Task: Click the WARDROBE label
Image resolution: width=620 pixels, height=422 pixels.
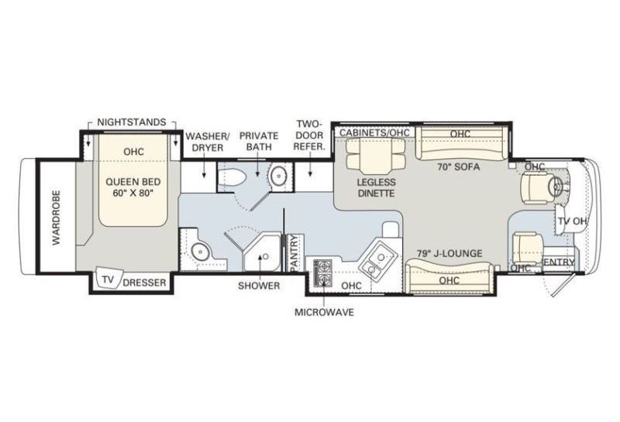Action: [x=57, y=218]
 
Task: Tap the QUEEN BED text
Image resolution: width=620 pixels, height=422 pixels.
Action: [x=133, y=182]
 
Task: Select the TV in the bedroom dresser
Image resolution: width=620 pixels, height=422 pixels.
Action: [x=108, y=280]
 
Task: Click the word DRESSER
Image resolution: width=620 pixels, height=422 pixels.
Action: [x=144, y=283]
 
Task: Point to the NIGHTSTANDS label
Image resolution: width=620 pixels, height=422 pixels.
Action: [x=132, y=122]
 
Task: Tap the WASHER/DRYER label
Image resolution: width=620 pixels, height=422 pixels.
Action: [x=207, y=142]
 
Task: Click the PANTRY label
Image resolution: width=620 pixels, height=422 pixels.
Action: [x=294, y=253]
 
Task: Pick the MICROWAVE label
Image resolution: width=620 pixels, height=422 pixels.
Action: [x=324, y=312]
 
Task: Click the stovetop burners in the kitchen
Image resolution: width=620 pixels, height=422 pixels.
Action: [x=323, y=273]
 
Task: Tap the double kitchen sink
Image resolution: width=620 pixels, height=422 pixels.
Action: [x=377, y=262]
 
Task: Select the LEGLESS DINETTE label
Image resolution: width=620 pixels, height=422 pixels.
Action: [x=376, y=187]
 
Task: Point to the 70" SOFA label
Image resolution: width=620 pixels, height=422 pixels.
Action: [x=458, y=166]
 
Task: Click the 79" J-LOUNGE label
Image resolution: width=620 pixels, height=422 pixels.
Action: [x=449, y=253]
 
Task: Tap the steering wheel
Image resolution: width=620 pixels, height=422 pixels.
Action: [x=558, y=184]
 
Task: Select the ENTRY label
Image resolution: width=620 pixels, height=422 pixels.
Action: [x=559, y=262]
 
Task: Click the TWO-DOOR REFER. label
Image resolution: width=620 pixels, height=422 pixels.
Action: [x=308, y=136]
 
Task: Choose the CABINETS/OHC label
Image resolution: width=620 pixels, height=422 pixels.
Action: [x=374, y=132]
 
